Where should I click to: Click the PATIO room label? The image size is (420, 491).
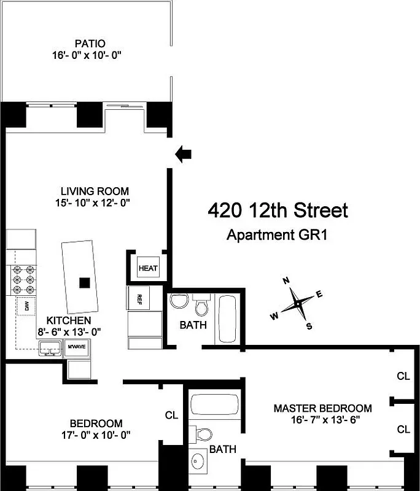pos(90,44)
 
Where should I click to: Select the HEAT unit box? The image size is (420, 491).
pos(148,268)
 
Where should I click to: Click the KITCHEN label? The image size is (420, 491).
pos(69,320)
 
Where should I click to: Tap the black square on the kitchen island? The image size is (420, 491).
pos(85,282)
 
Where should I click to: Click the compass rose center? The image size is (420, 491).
pos(297,304)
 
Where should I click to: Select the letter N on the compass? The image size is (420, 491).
pos(286,280)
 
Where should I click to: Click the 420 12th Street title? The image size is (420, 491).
pos(278,211)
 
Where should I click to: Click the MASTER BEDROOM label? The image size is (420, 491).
pos(322,408)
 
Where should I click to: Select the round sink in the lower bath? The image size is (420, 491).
pos(198,461)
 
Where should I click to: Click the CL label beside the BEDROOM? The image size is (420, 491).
pos(171,416)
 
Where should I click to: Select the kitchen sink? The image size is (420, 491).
pos(50,349)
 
